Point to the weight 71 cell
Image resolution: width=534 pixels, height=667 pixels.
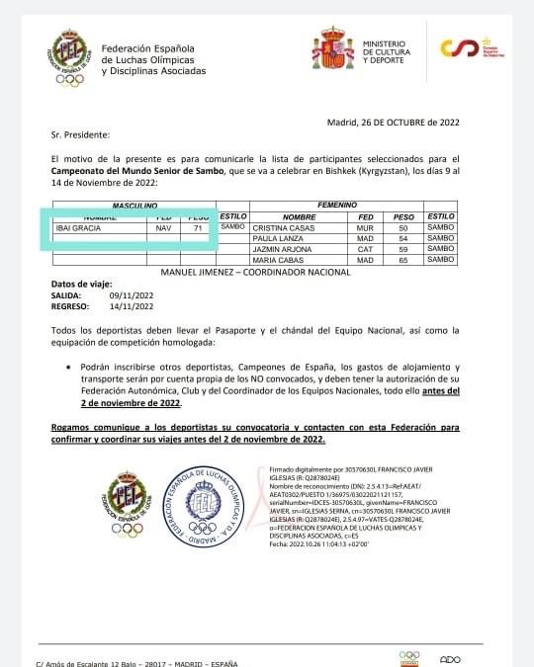199,227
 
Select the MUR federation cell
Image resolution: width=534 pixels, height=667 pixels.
365,227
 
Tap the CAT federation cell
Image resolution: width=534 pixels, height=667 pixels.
365,249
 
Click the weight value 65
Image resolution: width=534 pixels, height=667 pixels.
403,260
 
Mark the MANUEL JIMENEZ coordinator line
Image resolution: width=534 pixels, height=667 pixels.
245,271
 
